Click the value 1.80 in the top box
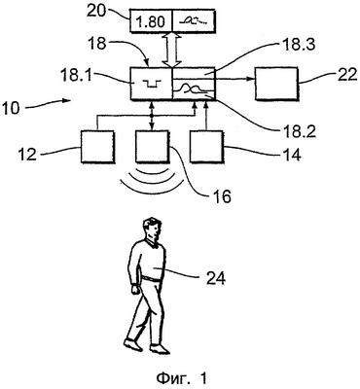152,21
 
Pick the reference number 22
345,74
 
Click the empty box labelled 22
276,84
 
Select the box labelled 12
97,147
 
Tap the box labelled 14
206,146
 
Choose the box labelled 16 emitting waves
153,147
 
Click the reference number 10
11,108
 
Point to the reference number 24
214,278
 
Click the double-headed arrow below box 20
171,50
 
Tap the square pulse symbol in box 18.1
151,85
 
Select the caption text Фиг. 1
182,378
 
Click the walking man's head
152,229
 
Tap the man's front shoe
160,349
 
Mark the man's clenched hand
135,289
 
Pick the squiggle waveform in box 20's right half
194,21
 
